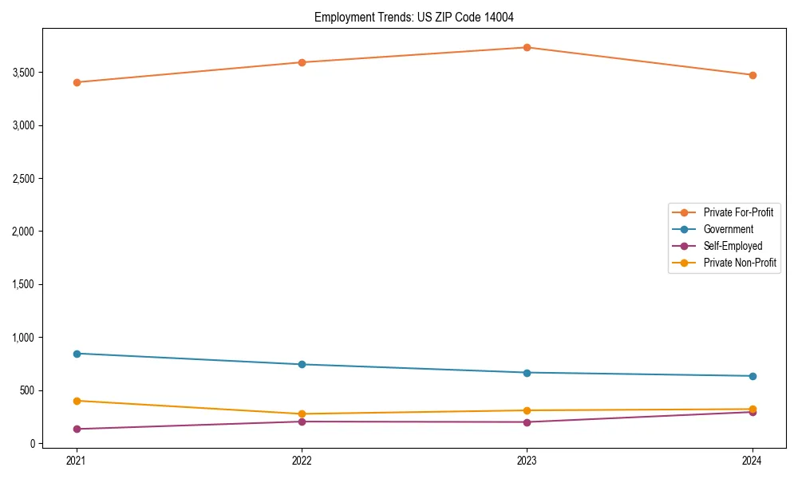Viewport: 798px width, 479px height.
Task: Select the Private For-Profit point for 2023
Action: [x=527, y=47]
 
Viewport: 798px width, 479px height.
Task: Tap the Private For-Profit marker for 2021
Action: [x=77, y=82]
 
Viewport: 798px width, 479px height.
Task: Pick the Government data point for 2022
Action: [x=302, y=364]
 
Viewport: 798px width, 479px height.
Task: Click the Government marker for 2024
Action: [x=753, y=376]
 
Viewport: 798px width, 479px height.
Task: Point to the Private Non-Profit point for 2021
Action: [x=77, y=401]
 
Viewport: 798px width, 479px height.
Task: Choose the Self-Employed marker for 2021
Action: [x=77, y=429]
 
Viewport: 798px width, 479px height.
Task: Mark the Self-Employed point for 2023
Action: [x=527, y=422]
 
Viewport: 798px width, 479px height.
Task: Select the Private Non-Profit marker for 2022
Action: [x=302, y=414]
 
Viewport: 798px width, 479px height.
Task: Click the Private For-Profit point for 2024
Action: [x=753, y=75]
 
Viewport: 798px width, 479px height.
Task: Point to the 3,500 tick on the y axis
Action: [x=22, y=73]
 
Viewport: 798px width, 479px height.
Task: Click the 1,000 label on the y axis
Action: [x=22, y=338]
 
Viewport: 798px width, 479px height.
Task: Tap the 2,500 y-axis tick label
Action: [x=22, y=179]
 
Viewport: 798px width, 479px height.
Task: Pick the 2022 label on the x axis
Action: [x=302, y=460]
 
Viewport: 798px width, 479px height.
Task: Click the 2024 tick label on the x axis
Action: [x=753, y=460]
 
